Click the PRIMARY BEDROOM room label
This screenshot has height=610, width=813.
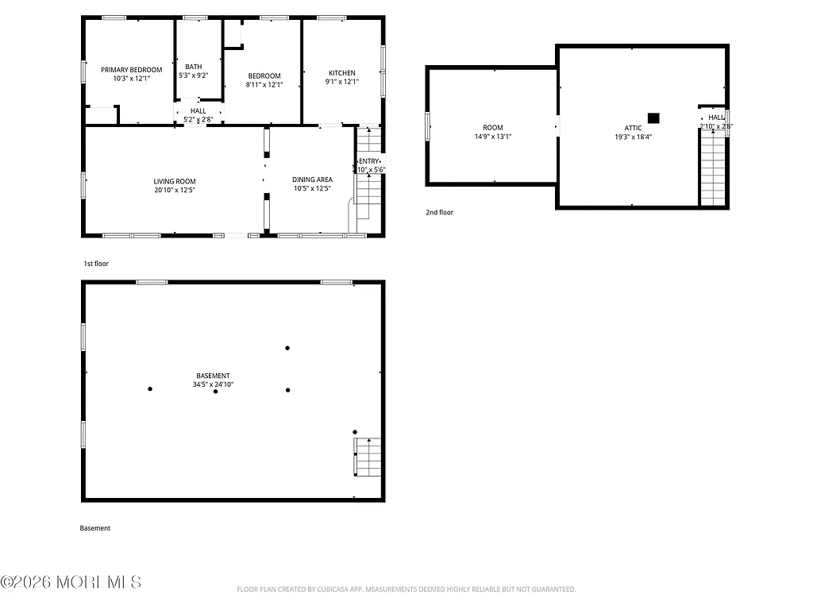[x=131, y=70]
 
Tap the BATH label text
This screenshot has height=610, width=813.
[x=194, y=67]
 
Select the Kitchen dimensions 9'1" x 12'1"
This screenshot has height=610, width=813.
[x=341, y=82]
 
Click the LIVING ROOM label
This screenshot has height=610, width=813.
[x=175, y=182]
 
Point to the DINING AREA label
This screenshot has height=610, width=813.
[x=312, y=180]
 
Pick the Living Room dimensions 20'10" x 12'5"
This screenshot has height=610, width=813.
[x=175, y=191]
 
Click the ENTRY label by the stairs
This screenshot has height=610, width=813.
[x=369, y=161]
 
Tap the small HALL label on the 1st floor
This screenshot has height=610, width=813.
[x=198, y=111]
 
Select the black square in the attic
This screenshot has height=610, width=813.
[x=653, y=118]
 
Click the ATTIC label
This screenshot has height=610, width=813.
[x=633, y=128]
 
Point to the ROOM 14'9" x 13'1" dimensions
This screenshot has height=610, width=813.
[x=492, y=137]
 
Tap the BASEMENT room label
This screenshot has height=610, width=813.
[x=213, y=376]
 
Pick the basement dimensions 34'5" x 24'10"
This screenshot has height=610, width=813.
[x=213, y=384]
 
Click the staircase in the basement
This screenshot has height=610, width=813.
[x=367, y=457]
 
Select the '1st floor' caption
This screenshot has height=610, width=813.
[x=96, y=263]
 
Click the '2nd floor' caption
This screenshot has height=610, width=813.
[x=439, y=213]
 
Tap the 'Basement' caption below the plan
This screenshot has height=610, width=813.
[x=95, y=528]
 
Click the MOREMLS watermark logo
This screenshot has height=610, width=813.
[x=71, y=582]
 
